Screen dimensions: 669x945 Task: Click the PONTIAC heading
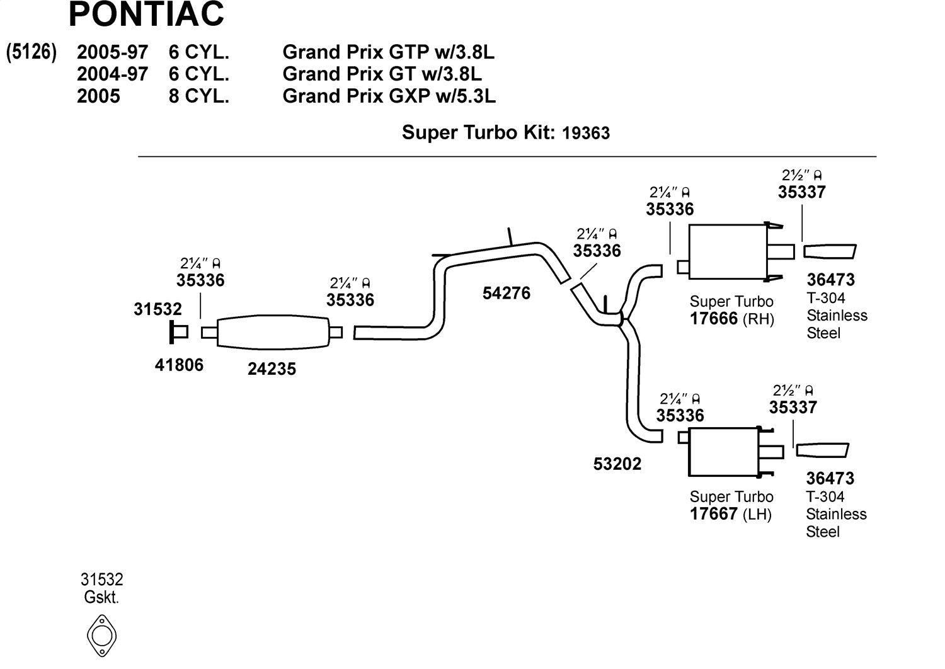coord(146,14)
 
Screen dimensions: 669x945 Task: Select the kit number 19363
coord(586,133)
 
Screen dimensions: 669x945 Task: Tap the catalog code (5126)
coord(31,52)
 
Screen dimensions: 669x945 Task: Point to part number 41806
coord(179,365)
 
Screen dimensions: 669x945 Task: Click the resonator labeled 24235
coord(273,332)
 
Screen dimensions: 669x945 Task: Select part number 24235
coord(272,369)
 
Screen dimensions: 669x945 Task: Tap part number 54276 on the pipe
coord(507,293)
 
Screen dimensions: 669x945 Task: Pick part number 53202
coord(617,464)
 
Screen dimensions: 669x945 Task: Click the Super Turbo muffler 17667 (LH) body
coord(723,452)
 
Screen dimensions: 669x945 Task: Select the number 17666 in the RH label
coord(713,319)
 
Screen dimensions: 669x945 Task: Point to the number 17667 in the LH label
coord(713,514)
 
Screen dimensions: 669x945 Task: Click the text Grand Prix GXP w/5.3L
coord(389,96)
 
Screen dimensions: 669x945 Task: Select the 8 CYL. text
coord(198,96)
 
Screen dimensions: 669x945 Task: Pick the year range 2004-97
coord(112,74)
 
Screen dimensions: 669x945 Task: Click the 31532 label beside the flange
coord(157,309)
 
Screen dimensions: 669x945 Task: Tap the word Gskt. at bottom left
coord(101,597)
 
